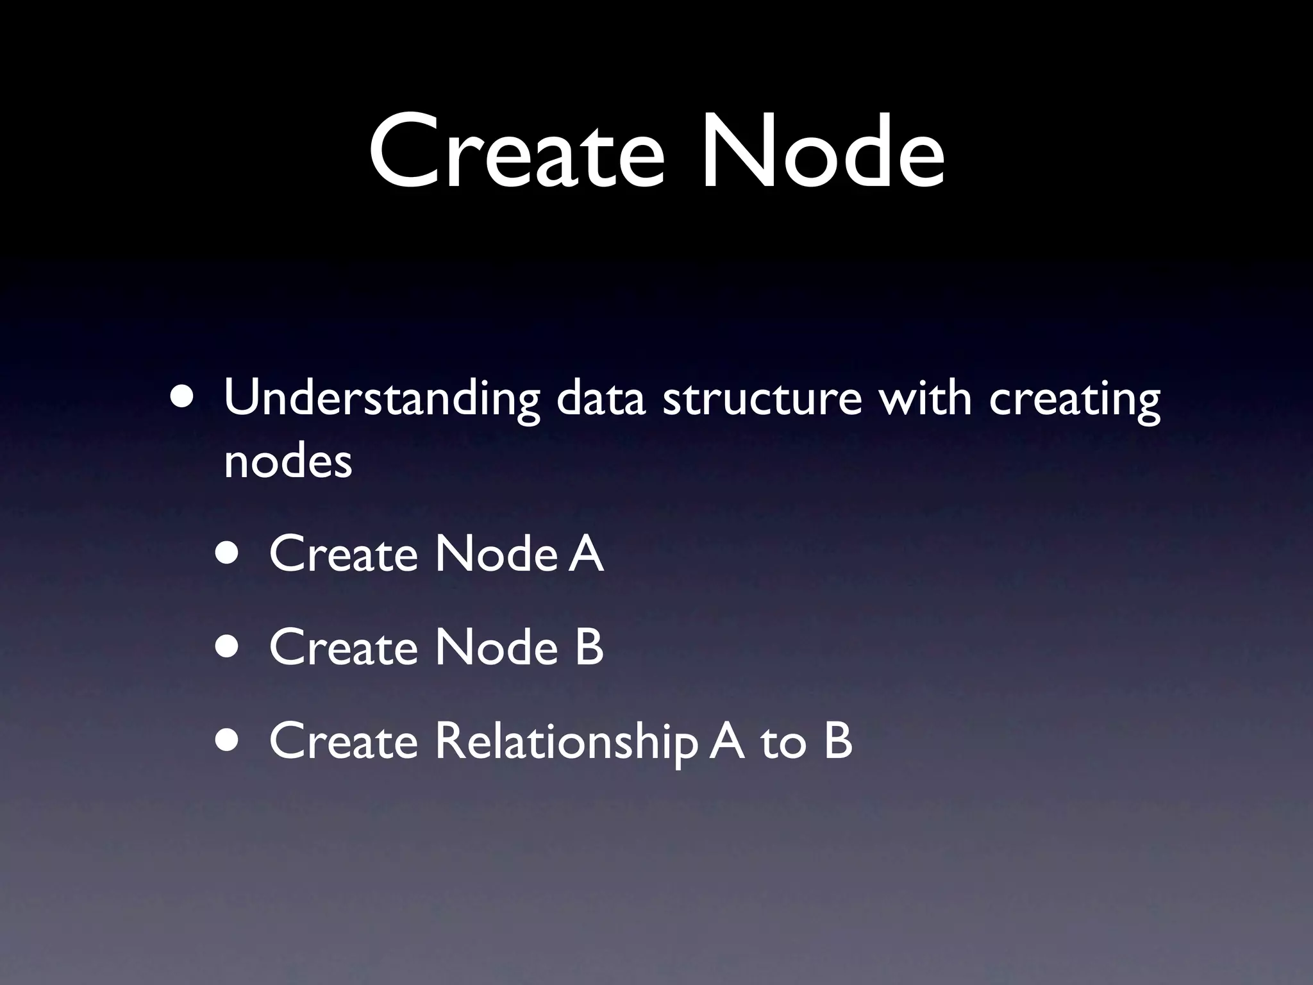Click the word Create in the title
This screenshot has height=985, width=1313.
click(517, 152)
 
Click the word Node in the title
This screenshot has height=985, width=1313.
click(822, 152)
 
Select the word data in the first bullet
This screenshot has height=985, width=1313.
click(599, 399)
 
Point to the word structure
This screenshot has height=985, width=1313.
click(762, 399)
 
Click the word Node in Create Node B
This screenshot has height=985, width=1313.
click(496, 647)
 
